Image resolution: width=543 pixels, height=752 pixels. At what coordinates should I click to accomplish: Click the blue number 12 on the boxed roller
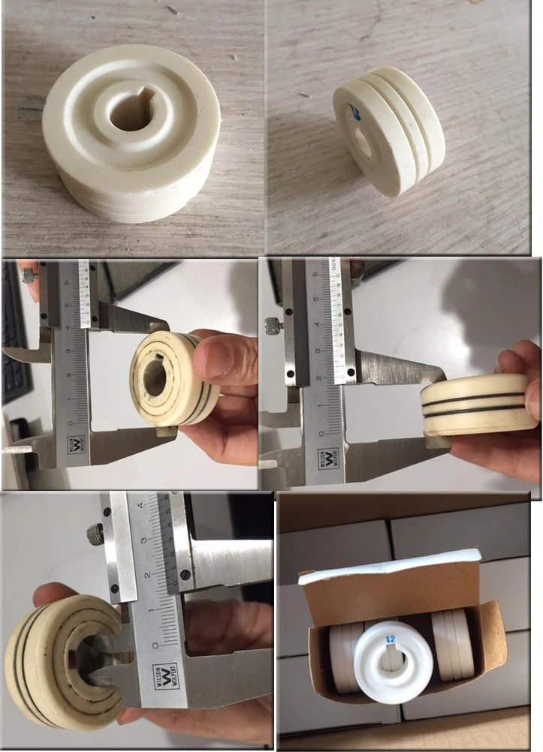390,639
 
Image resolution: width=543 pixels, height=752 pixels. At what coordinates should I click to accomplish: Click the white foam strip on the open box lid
391,564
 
